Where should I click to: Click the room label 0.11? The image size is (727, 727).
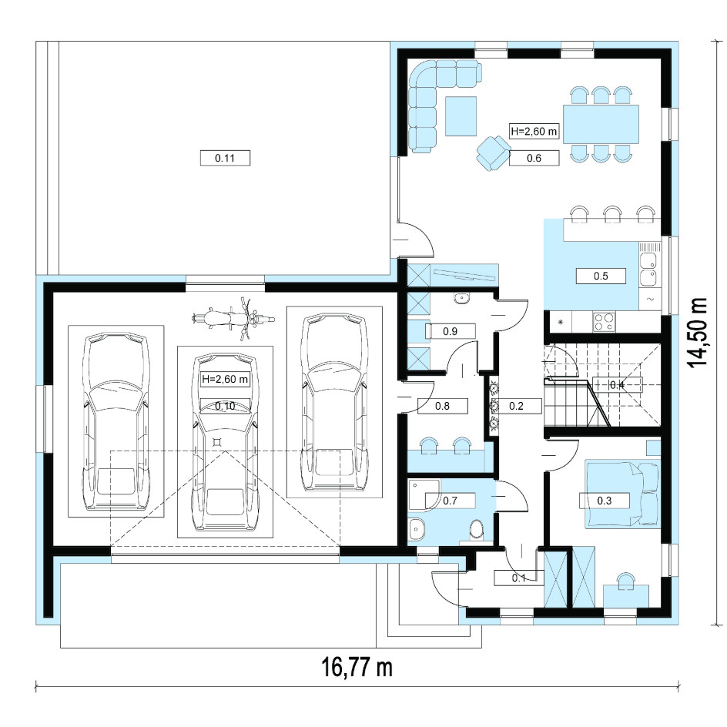click(x=225, y=158)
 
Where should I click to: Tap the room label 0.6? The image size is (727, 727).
click(x=534, y=158)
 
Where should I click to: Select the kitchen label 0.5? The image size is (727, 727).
click(x=601, y=276)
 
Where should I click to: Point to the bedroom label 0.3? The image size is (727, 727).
click(x=604, y=501)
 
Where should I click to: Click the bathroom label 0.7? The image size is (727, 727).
click(x=451, y=501)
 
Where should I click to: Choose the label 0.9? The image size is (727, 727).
click(x=451, y=331)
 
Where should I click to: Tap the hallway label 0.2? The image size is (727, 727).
click(x=517, y=406)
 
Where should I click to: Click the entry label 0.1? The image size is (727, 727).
click(x=519, y=578)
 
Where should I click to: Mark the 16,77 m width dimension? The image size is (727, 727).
click(x=357, y=668)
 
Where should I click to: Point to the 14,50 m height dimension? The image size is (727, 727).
click(x=698, y=333)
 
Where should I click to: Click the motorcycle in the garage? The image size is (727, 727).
click(x=233, y=319)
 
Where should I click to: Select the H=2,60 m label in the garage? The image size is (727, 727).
click(x=226, y=379)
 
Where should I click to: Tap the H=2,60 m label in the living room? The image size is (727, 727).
click(x=534, y=131)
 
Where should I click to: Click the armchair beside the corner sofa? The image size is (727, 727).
click(x=493, y=152)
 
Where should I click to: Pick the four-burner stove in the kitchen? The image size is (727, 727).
click(x=605, y=322)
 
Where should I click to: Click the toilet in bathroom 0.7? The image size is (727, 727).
click(x=476, y=531)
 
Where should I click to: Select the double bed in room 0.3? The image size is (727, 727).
click(x=621, y=494)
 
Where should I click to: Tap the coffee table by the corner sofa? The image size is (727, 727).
click(x=461, y=116)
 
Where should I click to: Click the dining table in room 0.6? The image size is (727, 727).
click(x=601, y=124)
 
